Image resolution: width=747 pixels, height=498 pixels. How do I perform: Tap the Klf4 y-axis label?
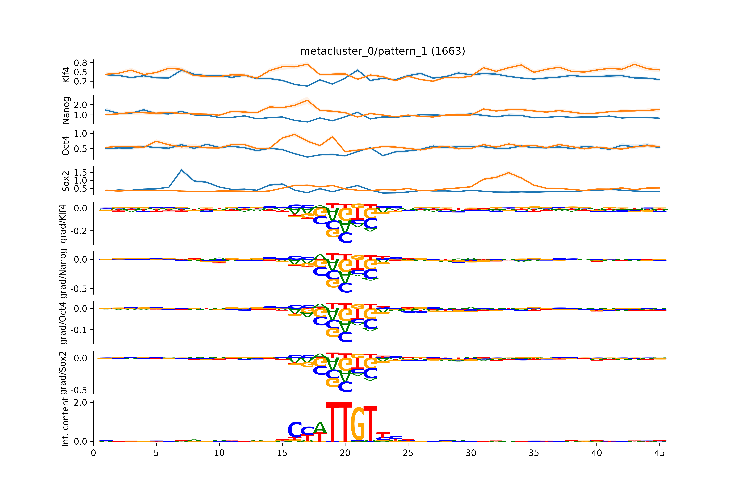(66, 75)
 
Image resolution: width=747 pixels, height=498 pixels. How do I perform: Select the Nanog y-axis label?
(66, 110)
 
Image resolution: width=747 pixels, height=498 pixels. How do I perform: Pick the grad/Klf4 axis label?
(63, 224)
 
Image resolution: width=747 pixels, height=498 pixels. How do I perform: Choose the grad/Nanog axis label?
(63, 273)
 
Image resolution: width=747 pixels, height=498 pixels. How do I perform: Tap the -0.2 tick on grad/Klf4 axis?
(78, 231)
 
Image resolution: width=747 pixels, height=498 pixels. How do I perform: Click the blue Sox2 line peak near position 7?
(181, 170)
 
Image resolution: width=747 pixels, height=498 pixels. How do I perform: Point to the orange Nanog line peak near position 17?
(307, 100)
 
